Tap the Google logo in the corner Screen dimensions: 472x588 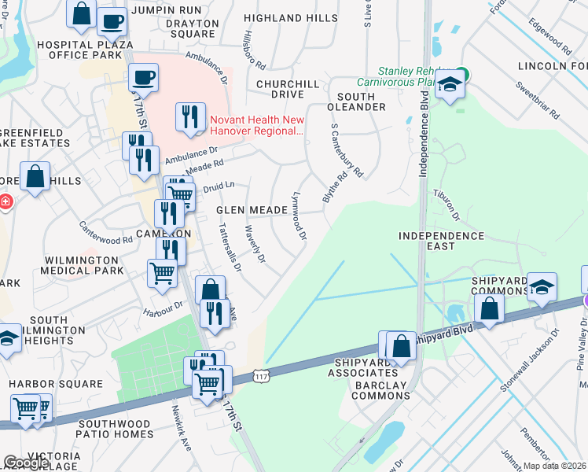point(26,463)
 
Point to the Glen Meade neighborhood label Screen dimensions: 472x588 point(252,210)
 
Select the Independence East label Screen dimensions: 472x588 point(441,241)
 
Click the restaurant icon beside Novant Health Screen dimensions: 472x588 point(190,117)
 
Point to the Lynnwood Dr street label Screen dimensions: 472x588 point(299,214)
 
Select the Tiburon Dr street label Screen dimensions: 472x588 point(445,205)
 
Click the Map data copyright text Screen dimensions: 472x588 point(554,466)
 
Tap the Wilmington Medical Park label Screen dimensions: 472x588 point(84,265)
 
